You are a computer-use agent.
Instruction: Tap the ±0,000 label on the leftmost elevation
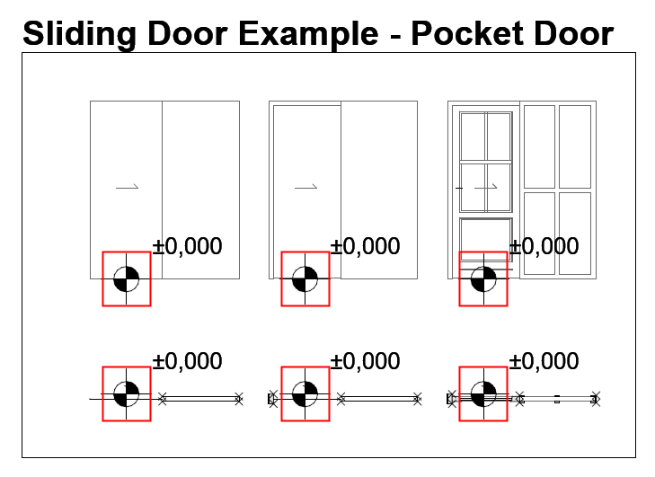pyautogui.click(x=187, y=246)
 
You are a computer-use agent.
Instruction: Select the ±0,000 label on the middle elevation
pyautogui.click(x=365, y=246)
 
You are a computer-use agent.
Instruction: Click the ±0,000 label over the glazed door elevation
pyautogui.click(x=544, y=246)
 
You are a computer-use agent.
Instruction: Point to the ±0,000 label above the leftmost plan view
pyautogui.click(x=187, y=361)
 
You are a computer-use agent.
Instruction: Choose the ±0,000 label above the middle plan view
pyautogui.click(x=365, y=361)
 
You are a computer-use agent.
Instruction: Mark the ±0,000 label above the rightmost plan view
pyautogui.click(x=544, y=361)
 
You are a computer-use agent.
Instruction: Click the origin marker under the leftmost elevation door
pyautogui.click(x=127, y=279)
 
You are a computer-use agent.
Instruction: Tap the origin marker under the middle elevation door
pyautogui.click(x=305, y=279)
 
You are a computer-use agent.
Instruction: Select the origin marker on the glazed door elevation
pyautogui.click(x=483, y=279)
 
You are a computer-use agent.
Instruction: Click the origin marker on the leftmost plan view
pyautogui.click(x=127, y=393)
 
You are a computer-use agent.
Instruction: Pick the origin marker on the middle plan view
pyautogui.click(x=305, y=393)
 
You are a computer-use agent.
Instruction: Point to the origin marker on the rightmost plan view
pyautogui.click(x=483, y=393)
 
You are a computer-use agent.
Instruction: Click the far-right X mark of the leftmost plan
pyautogui.click(x=239, y=399)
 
